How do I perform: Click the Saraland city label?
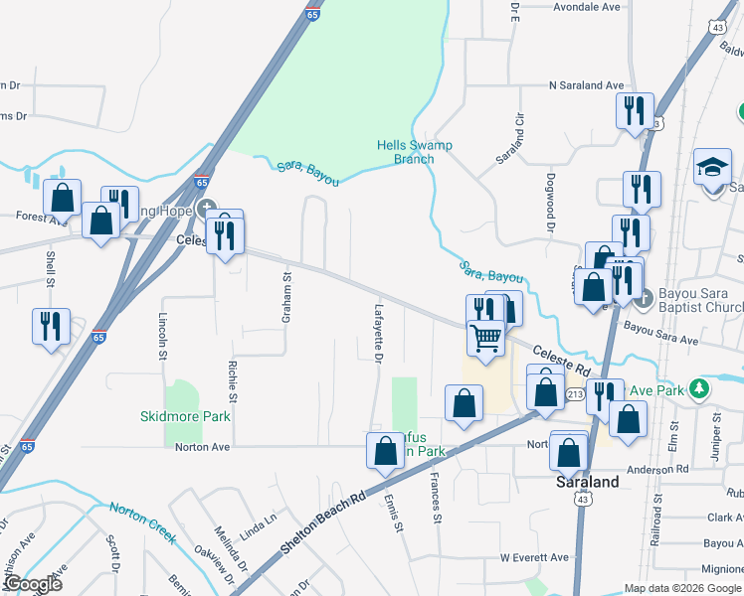(x=586, y=483)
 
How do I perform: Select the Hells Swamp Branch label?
(x=414, y=152)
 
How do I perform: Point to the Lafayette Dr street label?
(x=378, y=333)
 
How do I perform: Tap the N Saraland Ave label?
(x=586, y=85)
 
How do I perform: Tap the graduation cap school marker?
(x=712, y=168)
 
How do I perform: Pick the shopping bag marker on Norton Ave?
(x=385, y=452)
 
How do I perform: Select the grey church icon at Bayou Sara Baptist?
(x=644, y=296)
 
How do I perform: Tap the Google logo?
(x=32, y=584)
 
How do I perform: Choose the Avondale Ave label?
(x=586, y=6)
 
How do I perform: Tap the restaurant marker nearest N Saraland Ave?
(x=635, y=110)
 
